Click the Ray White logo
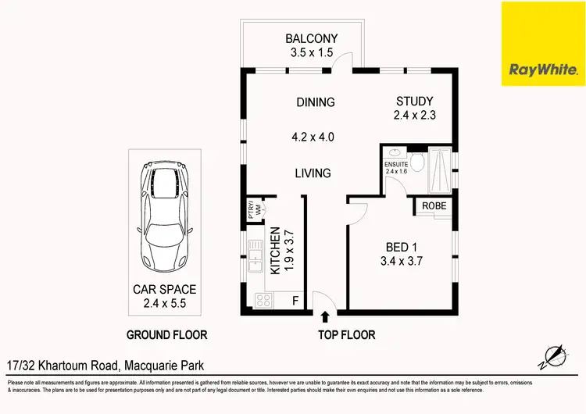[x=543, y=45]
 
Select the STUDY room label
[x=414, y=102]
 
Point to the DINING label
[x=316, y=102]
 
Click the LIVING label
[x=313, y=173]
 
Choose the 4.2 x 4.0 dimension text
[x=313, y=137]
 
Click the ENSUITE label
[x=395, y=165]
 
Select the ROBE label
[x=434, y=206]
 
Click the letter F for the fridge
[x=294, y=299]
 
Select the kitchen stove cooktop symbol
[x=261, y=299]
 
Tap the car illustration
[x=163, y=216]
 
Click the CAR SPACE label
[x=164, y=290]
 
